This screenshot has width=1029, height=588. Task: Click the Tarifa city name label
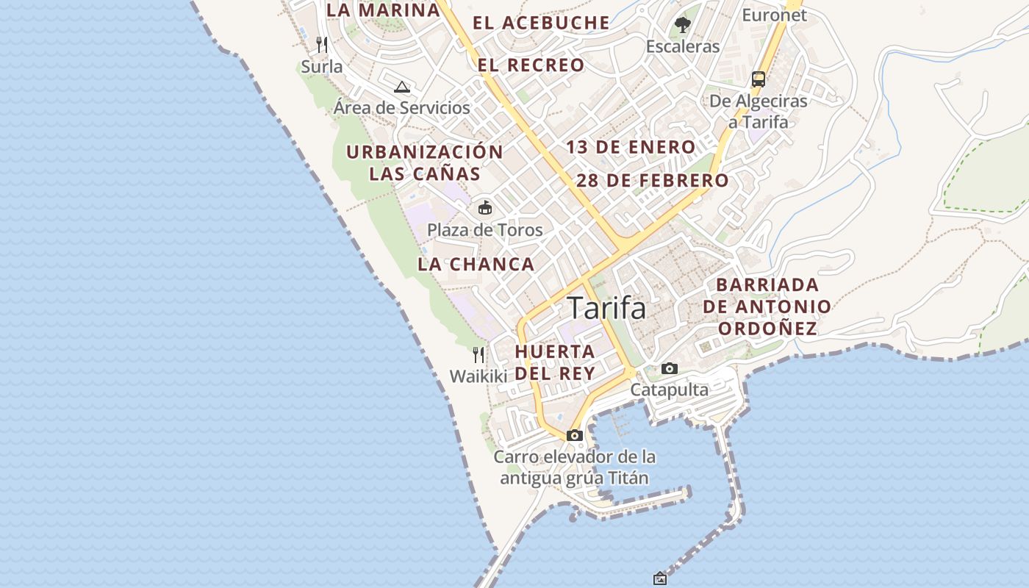pyautogui.click(x=607, y=309)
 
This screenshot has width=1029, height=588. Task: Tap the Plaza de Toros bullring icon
pyautogui.click(x=485, y=207)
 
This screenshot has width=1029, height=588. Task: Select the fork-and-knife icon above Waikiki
pyautogui.click(x=478, y=355)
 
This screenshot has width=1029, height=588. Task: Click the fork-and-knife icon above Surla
pyautogui.click(x=321, y=44)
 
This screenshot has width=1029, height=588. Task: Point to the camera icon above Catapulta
pyautogui.click(x=669, y=368)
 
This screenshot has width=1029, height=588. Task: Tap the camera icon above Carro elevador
pyautogui.click(x=575, y=435)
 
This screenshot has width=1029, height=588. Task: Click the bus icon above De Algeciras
pyautogui.click(x=759, y=79)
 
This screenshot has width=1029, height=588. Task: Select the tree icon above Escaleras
pyautogui.click(x=683, y=25)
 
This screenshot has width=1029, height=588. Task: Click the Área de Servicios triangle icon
pyautogui.click(x=401, y=87)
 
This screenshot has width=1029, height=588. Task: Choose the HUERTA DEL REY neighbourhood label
pyautogui.click(x=555, y=362)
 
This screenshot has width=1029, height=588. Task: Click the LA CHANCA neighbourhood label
pyautogui.click(x=476, y=265)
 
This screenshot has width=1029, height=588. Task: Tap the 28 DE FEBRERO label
pyautogui.click(x=653, y=181)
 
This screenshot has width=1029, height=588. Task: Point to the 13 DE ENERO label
pyautogui.click(x=631, y=147)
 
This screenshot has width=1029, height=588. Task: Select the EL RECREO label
pyautogui.click(x=531, y=65)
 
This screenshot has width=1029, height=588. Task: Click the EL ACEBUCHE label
pyautogui.click(x=541, y=23)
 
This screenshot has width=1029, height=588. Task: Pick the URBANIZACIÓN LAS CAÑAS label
pyautogui.click(x=425, y=163)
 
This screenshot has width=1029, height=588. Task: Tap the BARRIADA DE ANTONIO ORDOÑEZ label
pyautogui.click(x=767, y=306)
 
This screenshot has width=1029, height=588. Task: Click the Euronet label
pyautogui.click(x=774, y=15)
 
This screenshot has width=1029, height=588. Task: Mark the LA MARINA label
pyautogui.click(x=383, y=10)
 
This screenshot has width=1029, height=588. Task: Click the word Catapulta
pyautogui.click(x=669, y=390)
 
